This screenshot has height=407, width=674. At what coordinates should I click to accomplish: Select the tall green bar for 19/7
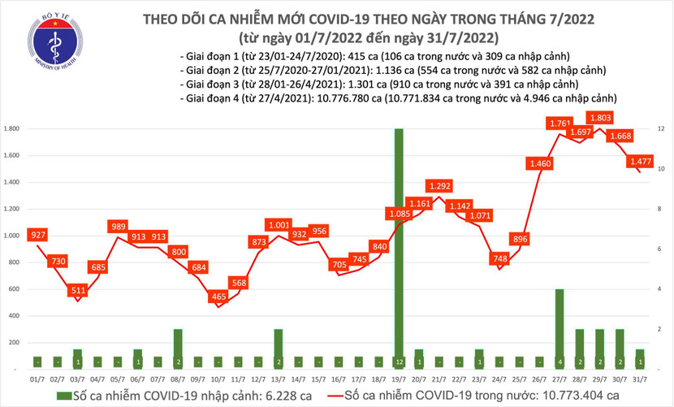click(398, 244)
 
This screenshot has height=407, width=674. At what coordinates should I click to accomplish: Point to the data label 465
click(218, 297)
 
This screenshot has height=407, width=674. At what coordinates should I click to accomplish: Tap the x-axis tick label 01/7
click(37, 379)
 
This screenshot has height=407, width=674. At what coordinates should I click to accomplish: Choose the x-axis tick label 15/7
click(320, 379)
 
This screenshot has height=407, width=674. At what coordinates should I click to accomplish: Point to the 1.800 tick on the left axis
click(12, 129)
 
